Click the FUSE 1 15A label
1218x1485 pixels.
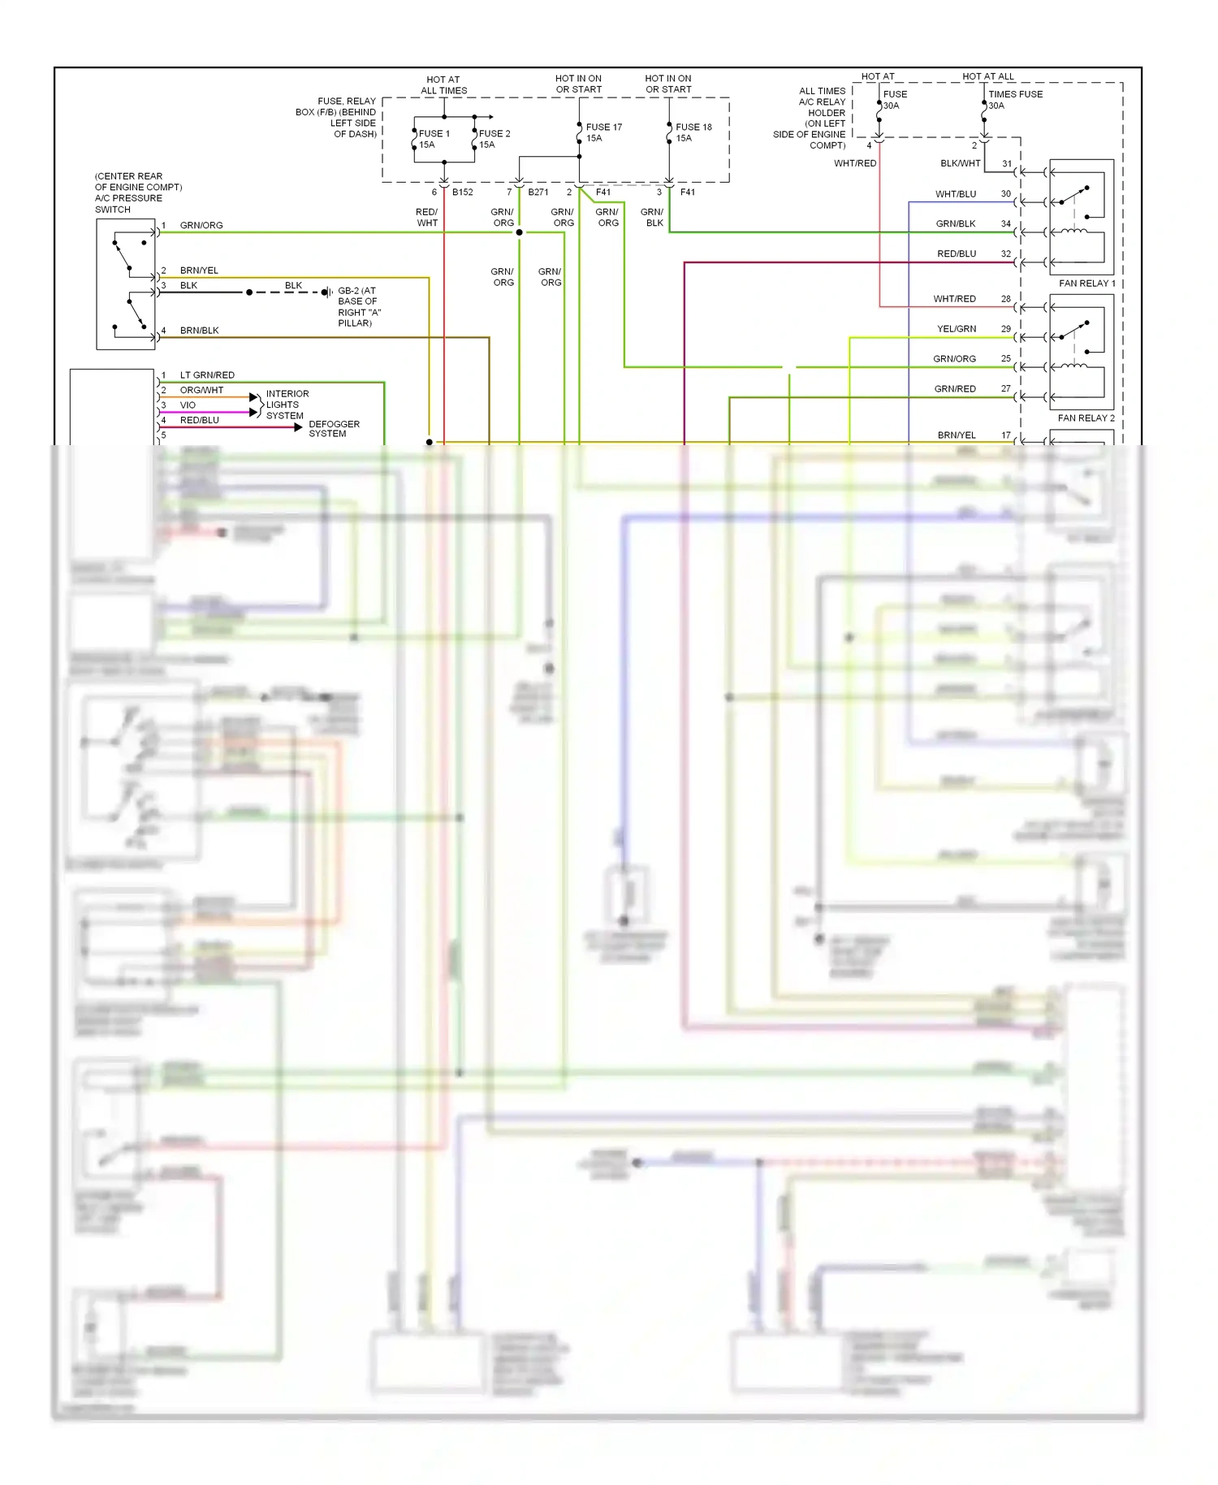(433, 139)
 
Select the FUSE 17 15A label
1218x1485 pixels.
(603, 132)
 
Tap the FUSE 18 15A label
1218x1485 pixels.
(693, 132)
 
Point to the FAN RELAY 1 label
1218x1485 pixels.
(1086, 284)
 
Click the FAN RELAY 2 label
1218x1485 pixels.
(1086, 418)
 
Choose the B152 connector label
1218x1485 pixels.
(463, 193)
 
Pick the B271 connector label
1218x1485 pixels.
(538, 193)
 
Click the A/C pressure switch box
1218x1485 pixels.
(126, 284)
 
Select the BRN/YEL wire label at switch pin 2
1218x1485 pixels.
(199, 271)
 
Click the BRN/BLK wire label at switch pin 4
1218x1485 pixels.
(199, 331)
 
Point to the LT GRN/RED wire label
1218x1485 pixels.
(207, 375)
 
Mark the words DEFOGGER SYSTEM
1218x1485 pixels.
(334, 429)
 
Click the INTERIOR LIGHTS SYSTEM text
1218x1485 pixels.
(287, 405)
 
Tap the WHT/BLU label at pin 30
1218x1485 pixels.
(956, 195)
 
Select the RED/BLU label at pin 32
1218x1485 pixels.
(957, 254)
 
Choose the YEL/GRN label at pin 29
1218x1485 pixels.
(957, 329)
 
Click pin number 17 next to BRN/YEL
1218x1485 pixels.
(1006, 435)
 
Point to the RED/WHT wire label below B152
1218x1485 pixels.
(427, 218)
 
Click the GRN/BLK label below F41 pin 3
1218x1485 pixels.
(653, 218)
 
